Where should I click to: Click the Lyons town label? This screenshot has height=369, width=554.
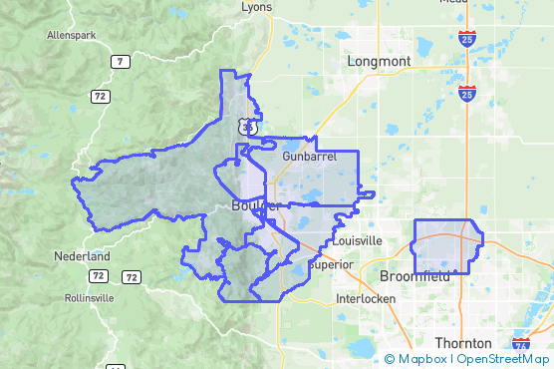point(256,7)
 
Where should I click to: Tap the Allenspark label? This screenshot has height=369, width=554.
point(70,35)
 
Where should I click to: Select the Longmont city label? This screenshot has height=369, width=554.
point(379,62)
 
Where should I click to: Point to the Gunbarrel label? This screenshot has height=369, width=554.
point(309,157)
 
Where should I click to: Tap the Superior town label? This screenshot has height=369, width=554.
point(333,264)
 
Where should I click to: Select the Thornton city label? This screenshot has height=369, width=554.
point(463,342)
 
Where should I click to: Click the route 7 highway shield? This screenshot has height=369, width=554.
point(120,62)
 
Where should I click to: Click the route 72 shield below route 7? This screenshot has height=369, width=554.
point(99,96)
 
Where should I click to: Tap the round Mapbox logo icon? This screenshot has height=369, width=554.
point(390,358)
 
